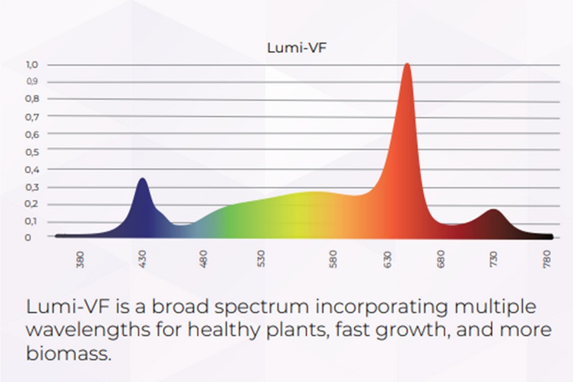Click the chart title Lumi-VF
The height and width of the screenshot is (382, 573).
point(296,48)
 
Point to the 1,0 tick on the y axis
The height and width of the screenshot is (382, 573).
point(32,65)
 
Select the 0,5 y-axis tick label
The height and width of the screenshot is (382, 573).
point(32,152)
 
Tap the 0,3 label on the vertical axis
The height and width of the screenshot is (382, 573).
point(32,187)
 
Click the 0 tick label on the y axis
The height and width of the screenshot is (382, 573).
point(28,237)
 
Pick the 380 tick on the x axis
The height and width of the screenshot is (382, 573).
point(80,260)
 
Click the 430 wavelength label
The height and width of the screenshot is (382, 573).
point(142,259)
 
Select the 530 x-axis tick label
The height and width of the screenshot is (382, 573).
point(260,259)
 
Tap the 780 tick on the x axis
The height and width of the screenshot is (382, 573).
point(547,259)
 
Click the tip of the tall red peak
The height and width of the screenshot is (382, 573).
point(407,64)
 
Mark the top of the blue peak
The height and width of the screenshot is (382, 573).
point(143,178)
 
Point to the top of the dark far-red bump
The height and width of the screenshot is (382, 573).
point(493,210)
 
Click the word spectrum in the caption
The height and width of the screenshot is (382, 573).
point(262,307)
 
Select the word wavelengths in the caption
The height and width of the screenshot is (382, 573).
point(88,330)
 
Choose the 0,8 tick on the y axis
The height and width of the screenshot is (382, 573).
point(32,99)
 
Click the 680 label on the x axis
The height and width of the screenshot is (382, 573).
point(441,259)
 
